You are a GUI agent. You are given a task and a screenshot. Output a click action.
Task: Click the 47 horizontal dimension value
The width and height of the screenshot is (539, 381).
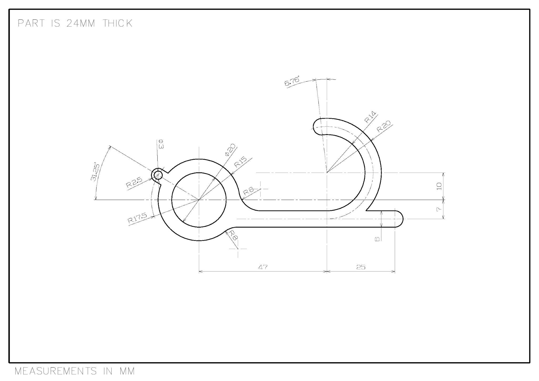[263, 267]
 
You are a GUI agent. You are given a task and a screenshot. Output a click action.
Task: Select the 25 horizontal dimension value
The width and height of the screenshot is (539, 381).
[361, 267]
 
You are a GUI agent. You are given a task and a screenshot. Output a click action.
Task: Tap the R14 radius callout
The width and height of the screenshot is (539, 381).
[371, 117]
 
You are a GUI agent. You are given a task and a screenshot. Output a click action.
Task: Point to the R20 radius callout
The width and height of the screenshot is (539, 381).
[383, 126]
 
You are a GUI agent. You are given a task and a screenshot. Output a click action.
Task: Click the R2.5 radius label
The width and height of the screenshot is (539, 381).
[134, 183]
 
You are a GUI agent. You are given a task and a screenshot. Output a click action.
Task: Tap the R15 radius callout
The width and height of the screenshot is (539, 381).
[240, 162]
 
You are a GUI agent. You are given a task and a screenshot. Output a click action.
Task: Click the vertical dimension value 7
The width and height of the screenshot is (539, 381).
[438, 209]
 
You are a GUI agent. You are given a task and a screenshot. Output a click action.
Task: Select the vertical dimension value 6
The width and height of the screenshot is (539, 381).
[377, 239]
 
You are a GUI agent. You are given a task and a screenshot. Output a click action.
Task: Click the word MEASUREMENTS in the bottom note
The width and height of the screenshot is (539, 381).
[56, 371]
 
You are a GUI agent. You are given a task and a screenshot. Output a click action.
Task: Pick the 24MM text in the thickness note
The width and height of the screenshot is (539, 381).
[81, 23]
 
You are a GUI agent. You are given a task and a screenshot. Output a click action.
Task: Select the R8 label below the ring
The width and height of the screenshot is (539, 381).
[233, 235]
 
